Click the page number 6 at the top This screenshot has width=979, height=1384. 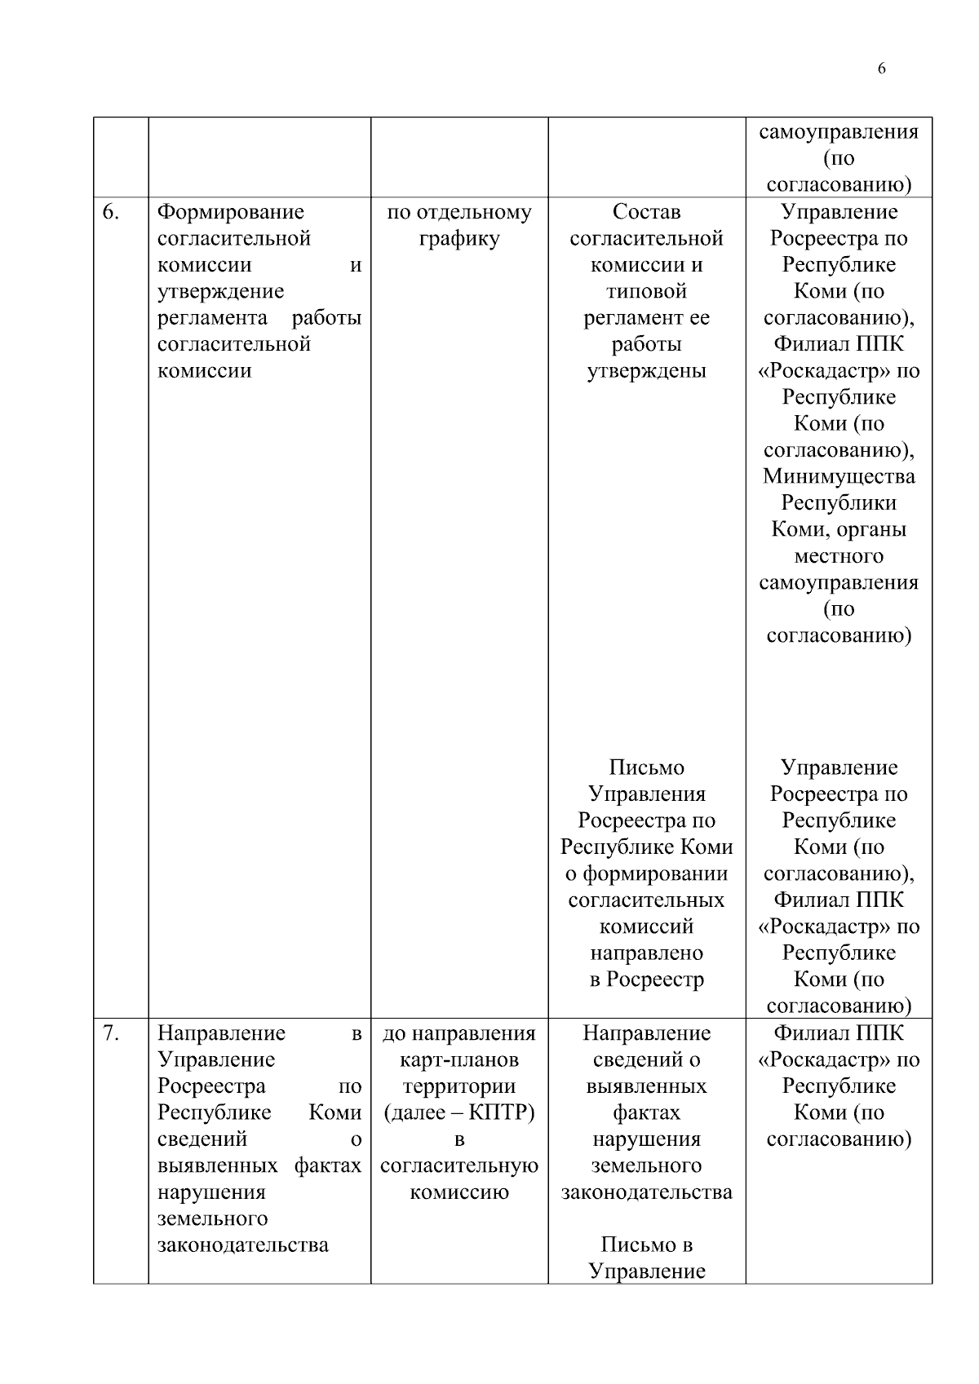pyautogui.click(x=881, y=69)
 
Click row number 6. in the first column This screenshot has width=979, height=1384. pyautogui.click(x=111, y=213)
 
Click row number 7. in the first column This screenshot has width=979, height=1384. pyautogui.click(x=111, y=1034)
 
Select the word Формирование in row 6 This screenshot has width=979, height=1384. pyautogui.click(x=230, y=213)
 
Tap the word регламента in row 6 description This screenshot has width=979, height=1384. pyautogui.click(x=212, y=318)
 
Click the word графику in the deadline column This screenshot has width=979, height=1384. pyautogui.click(x=458, y=239)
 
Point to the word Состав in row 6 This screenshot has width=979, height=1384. pyautogui.click(x=646, y=213)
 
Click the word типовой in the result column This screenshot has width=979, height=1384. pyautogui.click(x=646, y=292)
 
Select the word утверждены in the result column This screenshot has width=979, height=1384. pyautogui.click(x=646, y=371)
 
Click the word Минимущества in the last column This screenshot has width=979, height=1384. pyautogui.click(x=839, y=477)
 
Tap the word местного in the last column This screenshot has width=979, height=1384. pyautogui.click(x=839, y=556)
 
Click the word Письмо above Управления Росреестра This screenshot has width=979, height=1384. pyautogui.click(x=646, y=768)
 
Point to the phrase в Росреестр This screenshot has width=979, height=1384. pyautogui.click(x=646, y=980)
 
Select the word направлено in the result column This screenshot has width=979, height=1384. pyautogui.click(x=646, y=953)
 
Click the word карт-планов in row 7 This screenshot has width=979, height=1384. pyautogui.click(x=458, y=1060)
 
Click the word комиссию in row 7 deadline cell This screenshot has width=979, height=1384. pyautogui.click(x=458, y=1192)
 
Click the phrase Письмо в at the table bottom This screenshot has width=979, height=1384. pyautogui.click(x=646, y=1245)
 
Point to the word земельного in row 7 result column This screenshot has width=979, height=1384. pyautogui.click(x=646, y=1166)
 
